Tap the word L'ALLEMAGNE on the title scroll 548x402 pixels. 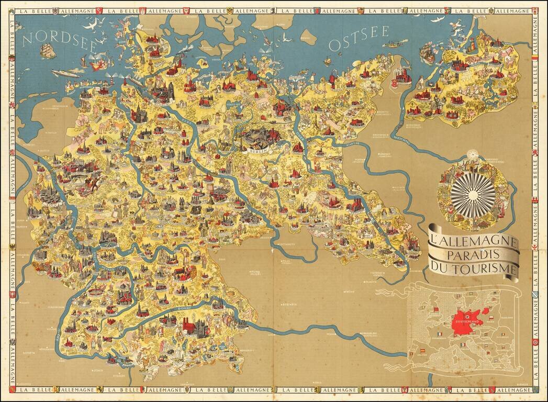[x=473, y=243]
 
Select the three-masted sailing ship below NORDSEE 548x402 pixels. [x=48, y=51]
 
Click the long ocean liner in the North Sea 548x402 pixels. [x=66, y=74]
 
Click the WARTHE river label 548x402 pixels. [x=348, y=139]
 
